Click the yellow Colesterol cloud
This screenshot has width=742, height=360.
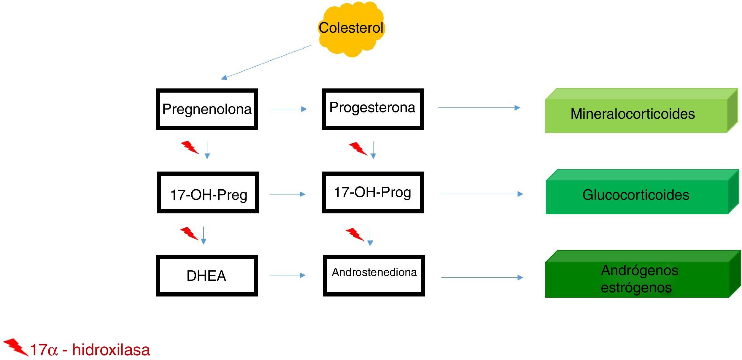pos(351,29)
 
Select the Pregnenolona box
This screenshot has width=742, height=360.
pos(207,109)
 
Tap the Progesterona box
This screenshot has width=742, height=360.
pos(373,109)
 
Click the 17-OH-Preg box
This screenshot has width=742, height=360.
pos(208,192)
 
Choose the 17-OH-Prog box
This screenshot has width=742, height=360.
pos(373,192)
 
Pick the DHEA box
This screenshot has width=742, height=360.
pos(207,275)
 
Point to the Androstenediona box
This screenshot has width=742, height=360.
pos(374,275)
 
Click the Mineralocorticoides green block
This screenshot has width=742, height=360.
pos(642,110)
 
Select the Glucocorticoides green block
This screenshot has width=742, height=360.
pos(642,192)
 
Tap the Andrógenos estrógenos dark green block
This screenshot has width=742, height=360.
pos(643,274)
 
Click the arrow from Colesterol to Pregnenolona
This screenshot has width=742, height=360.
pos(266,62)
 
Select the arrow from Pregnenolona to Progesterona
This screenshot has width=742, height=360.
pos(289,109)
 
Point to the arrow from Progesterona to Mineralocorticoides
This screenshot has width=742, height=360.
pos(479,108)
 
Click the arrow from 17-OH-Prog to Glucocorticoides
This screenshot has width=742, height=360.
pos(482,194)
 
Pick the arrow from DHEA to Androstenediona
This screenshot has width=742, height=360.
pos(287,275)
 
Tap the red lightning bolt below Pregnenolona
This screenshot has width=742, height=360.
pos(190,147)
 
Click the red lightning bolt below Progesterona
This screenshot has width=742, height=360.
pos(358,149)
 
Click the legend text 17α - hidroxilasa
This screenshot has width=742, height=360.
pos(90,350)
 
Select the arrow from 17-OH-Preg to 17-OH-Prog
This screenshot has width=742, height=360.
pos(287,194)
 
